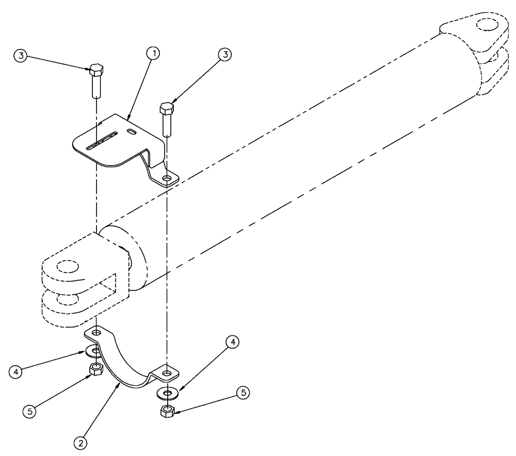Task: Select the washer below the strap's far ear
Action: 167,394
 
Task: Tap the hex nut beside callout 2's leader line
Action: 96,369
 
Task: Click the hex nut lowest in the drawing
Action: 167,411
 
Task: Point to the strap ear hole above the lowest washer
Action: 167,371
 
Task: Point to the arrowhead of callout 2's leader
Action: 121,383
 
